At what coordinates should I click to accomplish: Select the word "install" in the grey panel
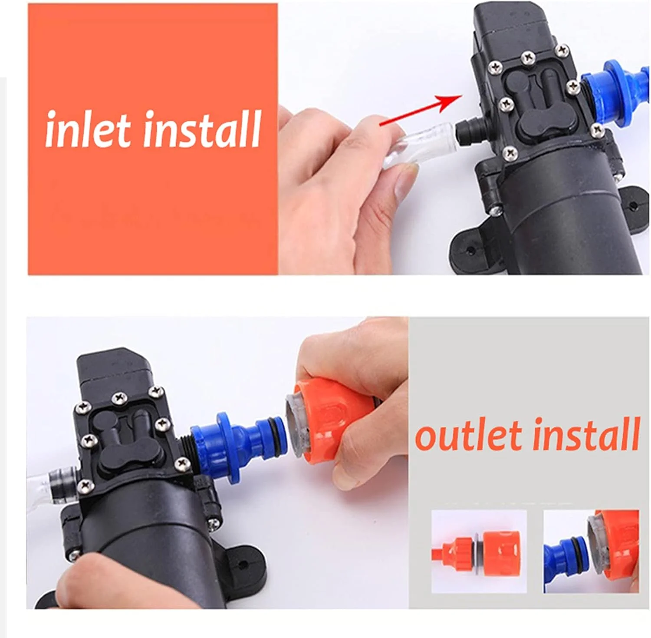586,435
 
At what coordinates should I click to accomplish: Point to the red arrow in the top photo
420,111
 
